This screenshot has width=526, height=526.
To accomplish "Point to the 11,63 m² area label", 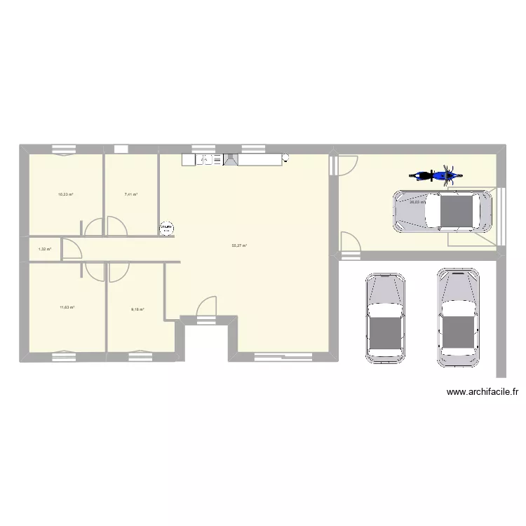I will pos(67,307).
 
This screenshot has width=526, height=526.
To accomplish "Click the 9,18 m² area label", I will pos(137,309).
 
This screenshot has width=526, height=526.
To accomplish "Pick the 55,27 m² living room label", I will pos(240,245).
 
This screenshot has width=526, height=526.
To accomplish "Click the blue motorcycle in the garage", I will pos(434,175).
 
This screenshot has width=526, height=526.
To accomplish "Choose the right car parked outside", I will pos(459,317).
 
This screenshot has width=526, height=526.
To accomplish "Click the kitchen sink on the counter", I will pos(204,160).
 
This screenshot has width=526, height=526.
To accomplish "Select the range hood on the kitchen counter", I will pos(231,160).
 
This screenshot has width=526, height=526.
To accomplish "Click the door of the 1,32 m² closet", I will pos(71,248).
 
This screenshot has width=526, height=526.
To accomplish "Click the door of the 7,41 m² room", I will pos(116,226).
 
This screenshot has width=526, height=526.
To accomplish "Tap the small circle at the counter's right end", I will pos(285,159).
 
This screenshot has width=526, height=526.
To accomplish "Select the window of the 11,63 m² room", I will pos(63,351).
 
